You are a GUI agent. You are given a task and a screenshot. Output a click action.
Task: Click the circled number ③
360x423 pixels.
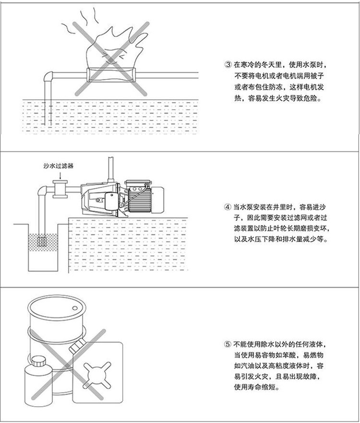[x=228, y=64]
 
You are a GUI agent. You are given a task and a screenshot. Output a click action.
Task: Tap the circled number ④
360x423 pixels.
[x=228, y=207]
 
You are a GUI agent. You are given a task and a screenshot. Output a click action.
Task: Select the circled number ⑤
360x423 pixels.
[x=228, y=345]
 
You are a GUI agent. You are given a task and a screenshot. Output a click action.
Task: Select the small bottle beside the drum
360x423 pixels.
[x=36, y=376]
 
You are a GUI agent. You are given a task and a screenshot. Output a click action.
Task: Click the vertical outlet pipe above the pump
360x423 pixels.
[x=110, y=168]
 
